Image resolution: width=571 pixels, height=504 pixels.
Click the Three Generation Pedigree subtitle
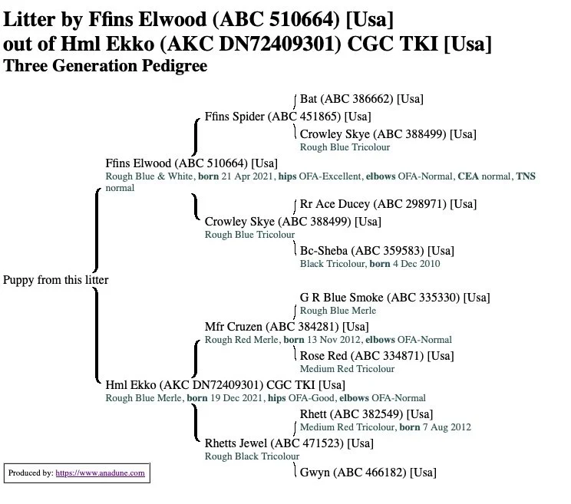(x=105, y=66)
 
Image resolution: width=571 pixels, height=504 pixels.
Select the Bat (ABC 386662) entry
(x=361, y=99)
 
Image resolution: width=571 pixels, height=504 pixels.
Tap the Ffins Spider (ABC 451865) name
(x=288, y=117)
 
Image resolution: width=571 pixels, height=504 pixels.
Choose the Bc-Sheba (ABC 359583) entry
(x=376, y=251)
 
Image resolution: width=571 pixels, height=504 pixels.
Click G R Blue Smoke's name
(x=394, y=298)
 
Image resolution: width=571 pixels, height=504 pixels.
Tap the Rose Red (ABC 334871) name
(x=376, y=356)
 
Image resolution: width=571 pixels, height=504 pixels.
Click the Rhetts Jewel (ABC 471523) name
(x=289, y=443)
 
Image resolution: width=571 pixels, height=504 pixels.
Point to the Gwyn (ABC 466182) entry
(x=368, y=473)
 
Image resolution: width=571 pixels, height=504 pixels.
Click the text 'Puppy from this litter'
(x=55, y=280)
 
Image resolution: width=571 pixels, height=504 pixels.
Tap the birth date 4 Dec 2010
(x=417, y=264)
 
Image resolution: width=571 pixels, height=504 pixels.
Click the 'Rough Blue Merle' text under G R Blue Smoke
(x=338, y=311)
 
